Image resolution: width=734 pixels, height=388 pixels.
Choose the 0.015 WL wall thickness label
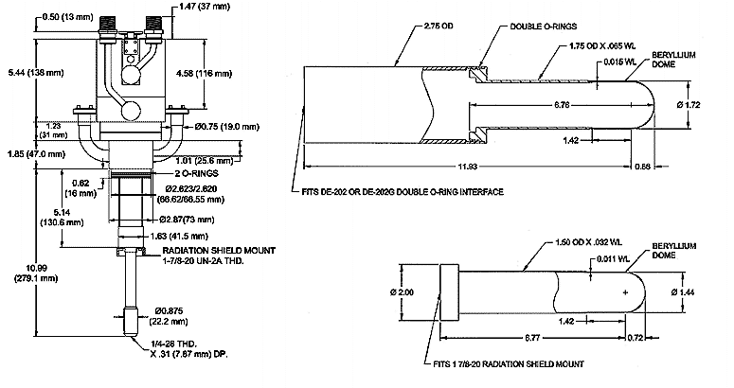point(620,62)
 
